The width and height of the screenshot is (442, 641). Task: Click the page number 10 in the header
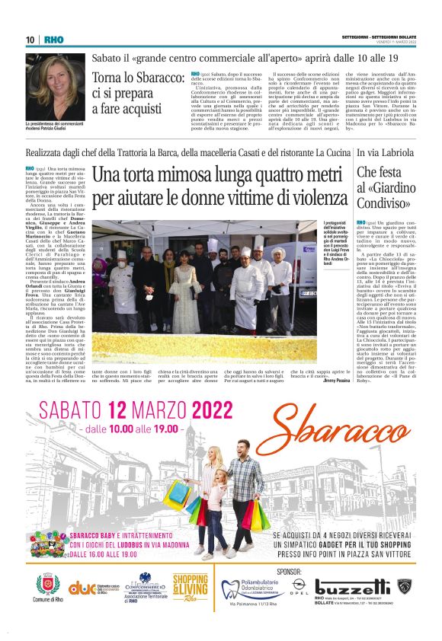point(30,40)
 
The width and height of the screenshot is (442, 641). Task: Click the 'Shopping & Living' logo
point(190,587)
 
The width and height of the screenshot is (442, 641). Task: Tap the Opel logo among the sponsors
point(299,588)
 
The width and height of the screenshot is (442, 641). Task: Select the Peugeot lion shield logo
point(405,586)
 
